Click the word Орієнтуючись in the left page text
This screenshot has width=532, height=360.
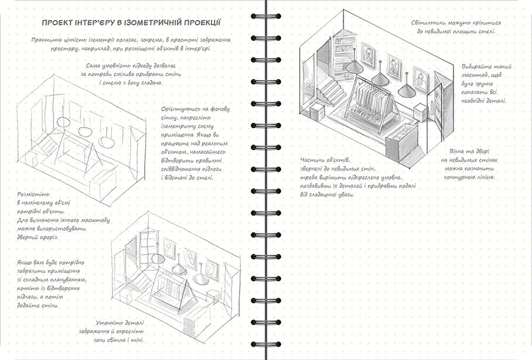[180, 108]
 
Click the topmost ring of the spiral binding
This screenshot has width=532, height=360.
[264, 16]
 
